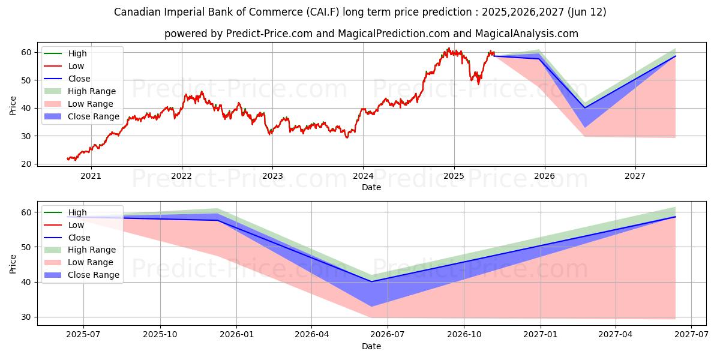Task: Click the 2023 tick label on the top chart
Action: [272, 176]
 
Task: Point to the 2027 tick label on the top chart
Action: [635, 176]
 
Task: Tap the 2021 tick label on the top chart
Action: [91, 176]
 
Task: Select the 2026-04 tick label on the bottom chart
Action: [312, 335]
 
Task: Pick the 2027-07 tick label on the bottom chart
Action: [691, 335]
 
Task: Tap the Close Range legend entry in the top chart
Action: [94, 116]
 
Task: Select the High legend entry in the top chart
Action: [77, 53]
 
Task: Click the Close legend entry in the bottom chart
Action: [79, 237]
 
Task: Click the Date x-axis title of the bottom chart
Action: [371, 346]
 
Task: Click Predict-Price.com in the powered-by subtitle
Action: [269, 34]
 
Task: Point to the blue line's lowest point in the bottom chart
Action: [371, 281]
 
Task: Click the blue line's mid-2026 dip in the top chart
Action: [585, 108]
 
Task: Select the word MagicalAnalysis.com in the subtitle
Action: [527, 34]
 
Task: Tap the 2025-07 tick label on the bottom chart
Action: [83, 335]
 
